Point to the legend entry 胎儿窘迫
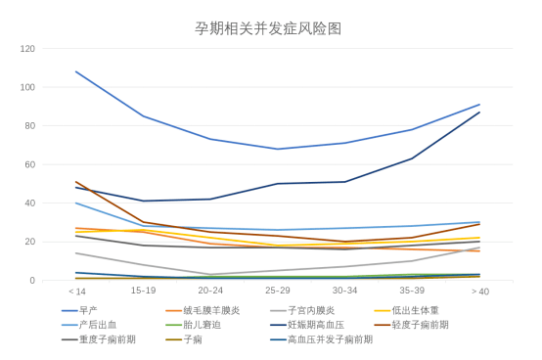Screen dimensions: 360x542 pyautogui.click(x=202, y=324)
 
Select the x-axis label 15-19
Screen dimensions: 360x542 pyautogui.click(x=144, y=291)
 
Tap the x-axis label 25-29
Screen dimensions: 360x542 pyautogui.click(x=278, y=291)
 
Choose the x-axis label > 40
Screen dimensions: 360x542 pyautogui.click(x=479, y=291)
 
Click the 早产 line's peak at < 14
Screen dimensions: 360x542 pyautogui.click(x=76, y=71)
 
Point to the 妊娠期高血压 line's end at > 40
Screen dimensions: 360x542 pyautogui.click(x=479, y=112)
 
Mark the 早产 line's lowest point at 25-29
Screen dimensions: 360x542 pyautogui.click(x=278, y=149)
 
